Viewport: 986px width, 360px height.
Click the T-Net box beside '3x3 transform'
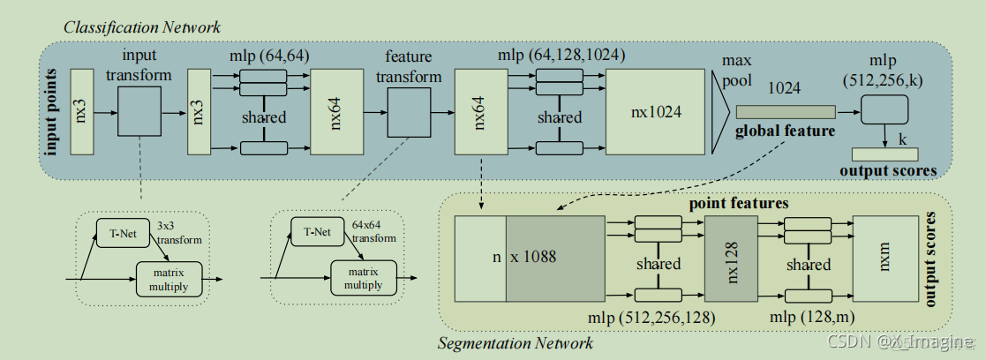coord(124,234)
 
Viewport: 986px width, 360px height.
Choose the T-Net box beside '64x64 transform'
coord(318,234)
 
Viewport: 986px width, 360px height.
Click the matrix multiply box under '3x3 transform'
coord(169,278)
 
